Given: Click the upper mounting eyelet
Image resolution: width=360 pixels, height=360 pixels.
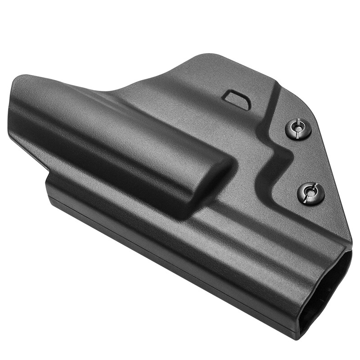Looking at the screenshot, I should click(x=298, y=129).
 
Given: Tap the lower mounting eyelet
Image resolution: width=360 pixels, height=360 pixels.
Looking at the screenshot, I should click(x=311, y=193).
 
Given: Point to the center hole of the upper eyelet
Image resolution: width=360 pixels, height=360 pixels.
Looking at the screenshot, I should click(x=298, y=129).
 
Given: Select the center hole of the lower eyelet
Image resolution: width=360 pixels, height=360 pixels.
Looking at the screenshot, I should click(x=311, y=193).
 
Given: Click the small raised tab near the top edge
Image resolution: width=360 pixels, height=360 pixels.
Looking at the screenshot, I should click(x=238, y=98).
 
